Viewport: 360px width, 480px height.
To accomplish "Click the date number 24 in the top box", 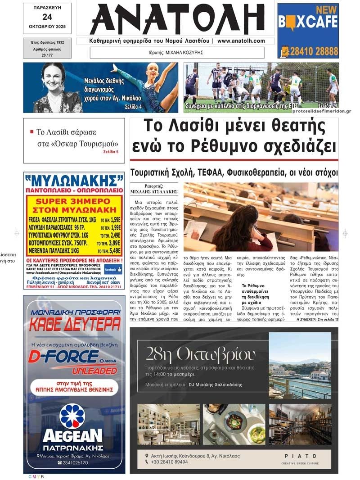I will tap(47, 17).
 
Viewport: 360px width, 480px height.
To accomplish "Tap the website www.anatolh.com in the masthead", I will tap(241, 41).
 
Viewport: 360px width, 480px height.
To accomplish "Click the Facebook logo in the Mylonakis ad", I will tap(113, 269).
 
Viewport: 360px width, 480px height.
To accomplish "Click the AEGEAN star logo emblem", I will tap(72, 416).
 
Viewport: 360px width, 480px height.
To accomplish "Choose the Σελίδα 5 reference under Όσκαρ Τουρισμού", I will tap(111, 152).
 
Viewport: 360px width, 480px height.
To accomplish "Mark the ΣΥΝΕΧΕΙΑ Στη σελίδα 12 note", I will tap(317, 319).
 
